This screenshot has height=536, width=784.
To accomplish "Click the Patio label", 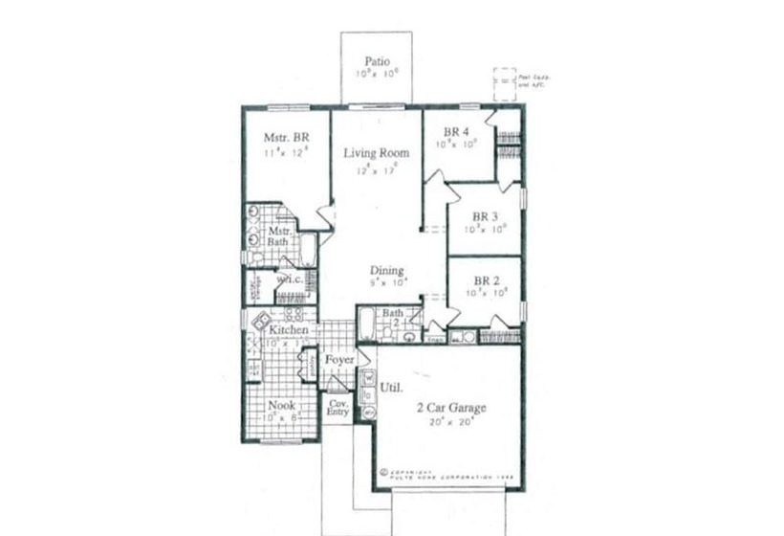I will pos(377,61).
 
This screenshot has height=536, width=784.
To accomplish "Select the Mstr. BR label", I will pos(286,137).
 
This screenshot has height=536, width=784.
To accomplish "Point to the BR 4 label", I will pos(456,131).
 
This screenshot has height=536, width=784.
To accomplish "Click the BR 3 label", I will pos(485,215).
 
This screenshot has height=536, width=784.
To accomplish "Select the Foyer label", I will pos(339,359).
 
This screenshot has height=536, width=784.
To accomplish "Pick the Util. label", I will pos(390,389).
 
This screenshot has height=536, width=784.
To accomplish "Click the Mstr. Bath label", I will pos(279,236).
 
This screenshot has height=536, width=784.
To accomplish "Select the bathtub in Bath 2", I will pos(367,324).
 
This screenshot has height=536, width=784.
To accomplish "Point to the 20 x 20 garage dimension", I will pos(450,422).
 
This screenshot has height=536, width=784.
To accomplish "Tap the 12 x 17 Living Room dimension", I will pos(377,170).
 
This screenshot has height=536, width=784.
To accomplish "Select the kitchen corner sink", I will pos(259,321).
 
